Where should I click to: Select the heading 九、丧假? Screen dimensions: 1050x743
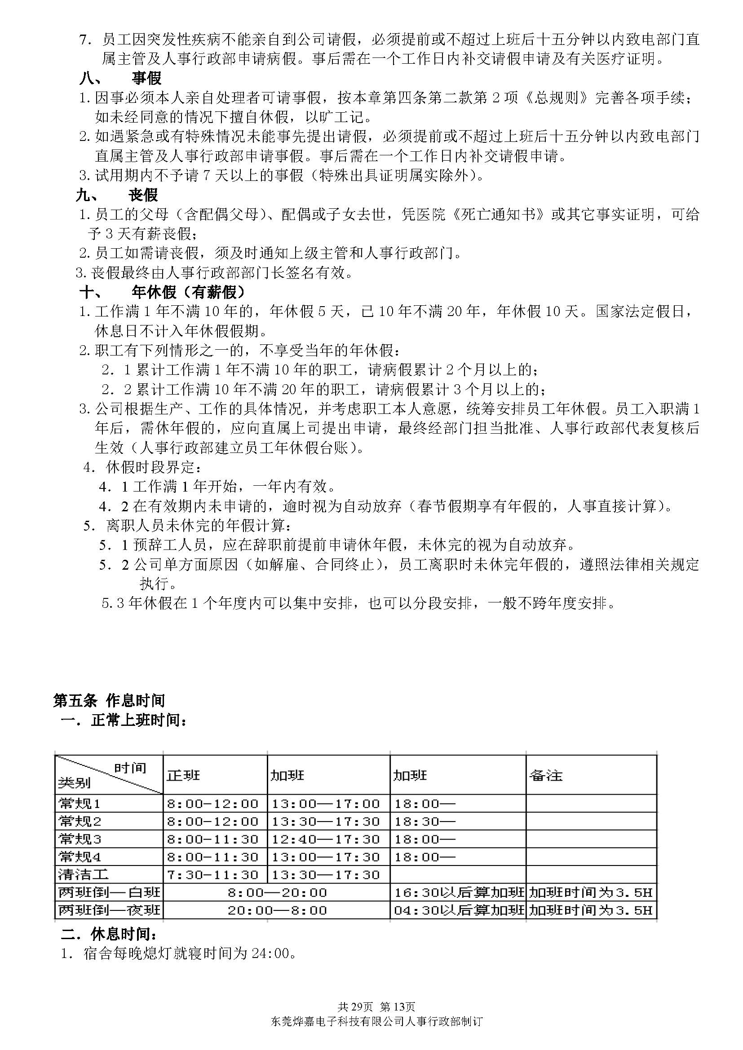click(117, 195)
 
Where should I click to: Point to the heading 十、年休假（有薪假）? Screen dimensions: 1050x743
click(163, 292)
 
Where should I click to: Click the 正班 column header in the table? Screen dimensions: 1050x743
click(183, 775)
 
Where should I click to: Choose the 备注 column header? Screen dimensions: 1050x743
click(545, 775)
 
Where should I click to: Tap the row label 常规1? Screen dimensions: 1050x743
click(80, 803)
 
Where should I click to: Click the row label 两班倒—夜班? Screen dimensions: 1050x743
click(109, 910)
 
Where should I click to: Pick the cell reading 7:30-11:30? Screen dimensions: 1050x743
click(213, 875)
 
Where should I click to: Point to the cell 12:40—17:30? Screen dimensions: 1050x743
click(326, 839)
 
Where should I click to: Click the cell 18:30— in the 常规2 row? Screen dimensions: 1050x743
click(425, 822)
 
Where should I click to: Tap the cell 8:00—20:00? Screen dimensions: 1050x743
click(277, 892)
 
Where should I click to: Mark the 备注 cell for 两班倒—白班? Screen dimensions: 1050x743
click(591, 892)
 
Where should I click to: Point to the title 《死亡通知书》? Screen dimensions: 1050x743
click(498, 215)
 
